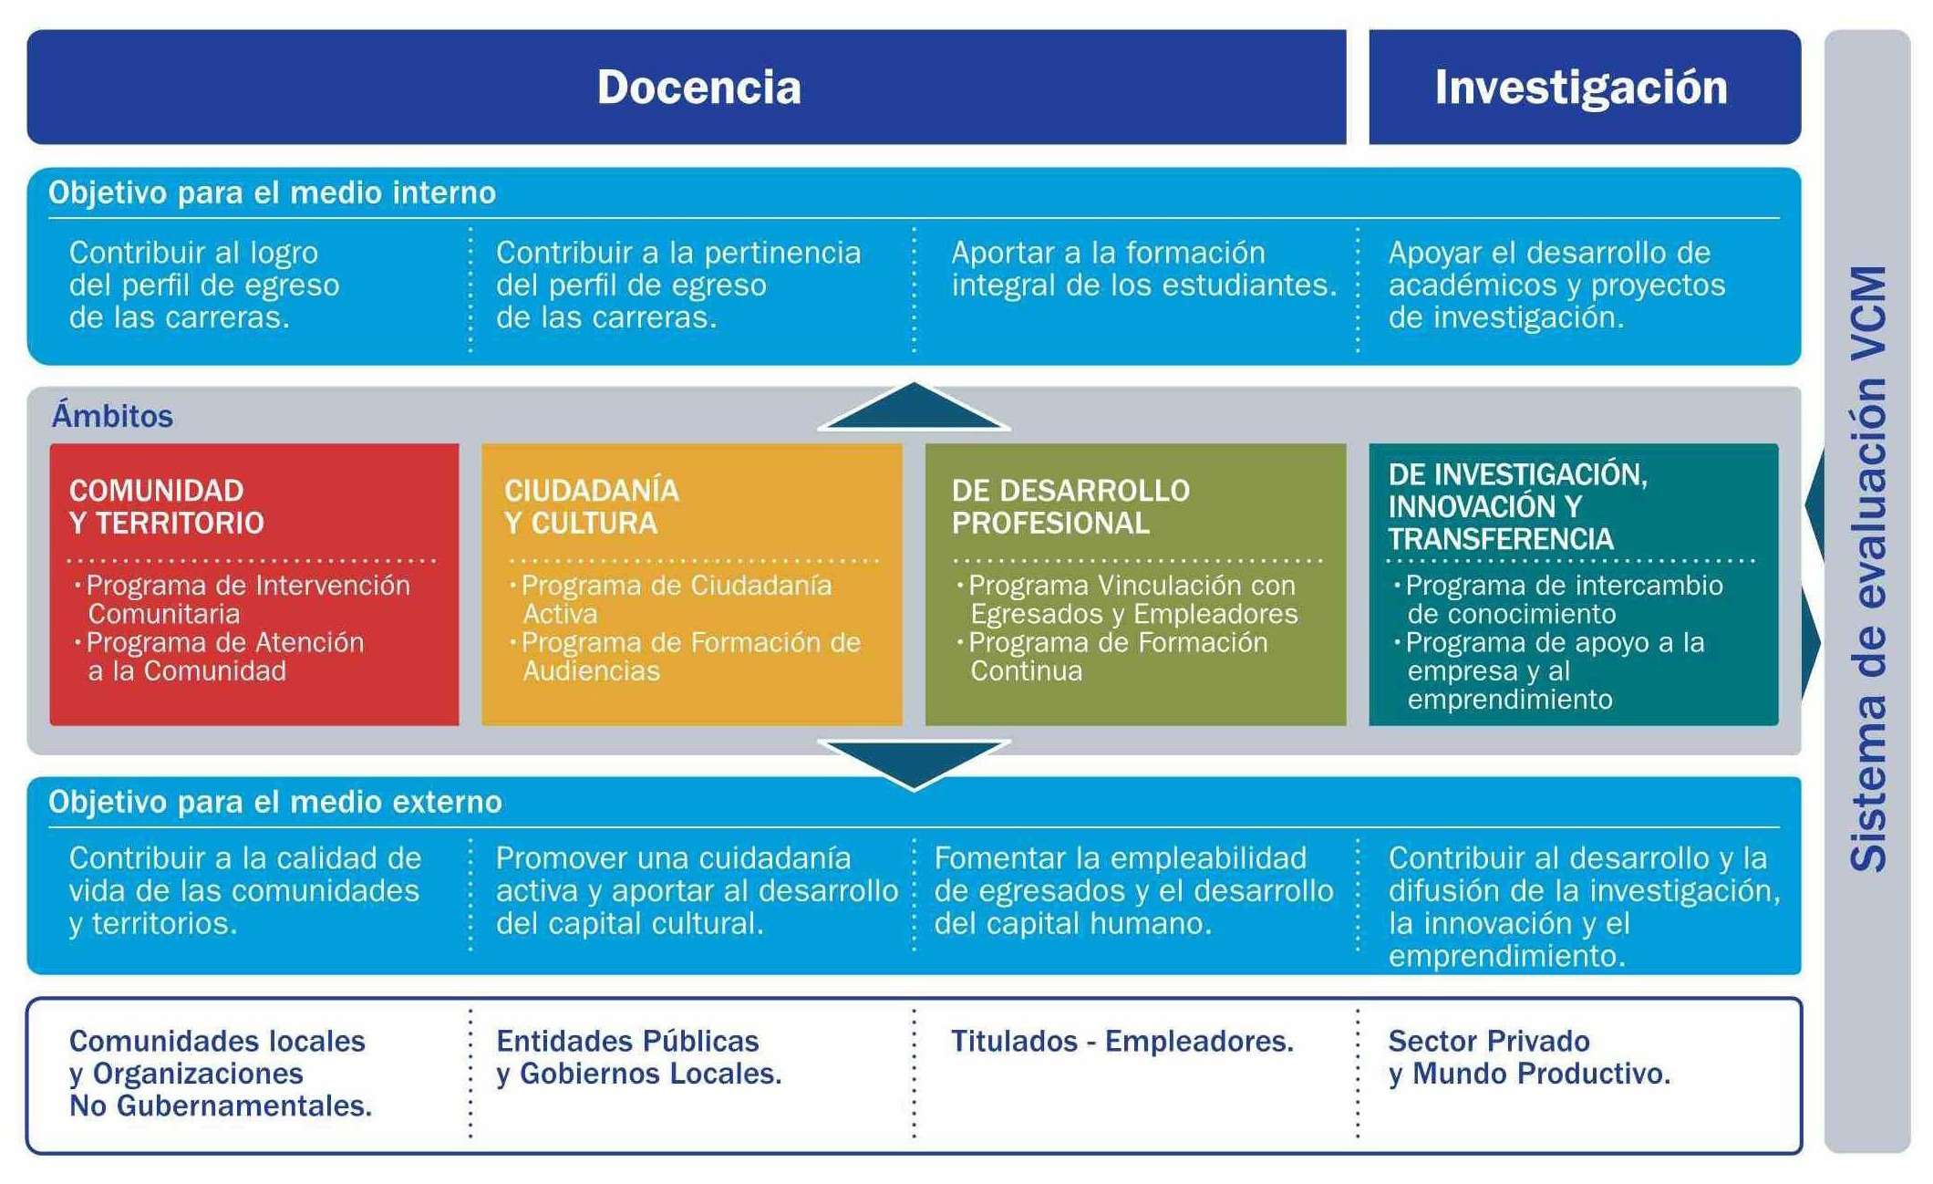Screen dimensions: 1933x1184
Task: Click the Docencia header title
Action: [x=698, y=88]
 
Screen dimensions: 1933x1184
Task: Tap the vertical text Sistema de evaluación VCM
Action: [x=1868, y=569]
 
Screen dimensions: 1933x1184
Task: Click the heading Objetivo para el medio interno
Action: [x=272, y=192]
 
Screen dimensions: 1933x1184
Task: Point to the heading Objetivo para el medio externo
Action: [x=274, y=802]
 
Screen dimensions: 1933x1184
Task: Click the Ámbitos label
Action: [x=112, y=416]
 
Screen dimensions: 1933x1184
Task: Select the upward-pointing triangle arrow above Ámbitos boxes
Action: [x=914, y=406]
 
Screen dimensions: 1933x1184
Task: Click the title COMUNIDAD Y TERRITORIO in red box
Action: [x=167, y=506]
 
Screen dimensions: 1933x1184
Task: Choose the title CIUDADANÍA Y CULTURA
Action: [x=592, y=506]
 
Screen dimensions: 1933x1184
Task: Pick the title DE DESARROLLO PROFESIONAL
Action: [x=1070, y=506]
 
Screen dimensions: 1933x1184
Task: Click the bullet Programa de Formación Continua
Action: [x=1112, y=657]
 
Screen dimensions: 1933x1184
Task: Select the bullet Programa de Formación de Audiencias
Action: [x=685, y=657]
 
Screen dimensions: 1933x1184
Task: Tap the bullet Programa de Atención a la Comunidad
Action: [x=219, y=657]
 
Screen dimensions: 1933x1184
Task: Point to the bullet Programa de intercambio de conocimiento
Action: [x=1558, y=599]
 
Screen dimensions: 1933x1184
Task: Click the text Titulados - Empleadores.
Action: [x=1122, y=1041]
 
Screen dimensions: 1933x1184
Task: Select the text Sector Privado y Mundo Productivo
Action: [x=1529, y=1057]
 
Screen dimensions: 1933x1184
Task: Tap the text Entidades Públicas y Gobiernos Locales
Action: [x=638, y=1057]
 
